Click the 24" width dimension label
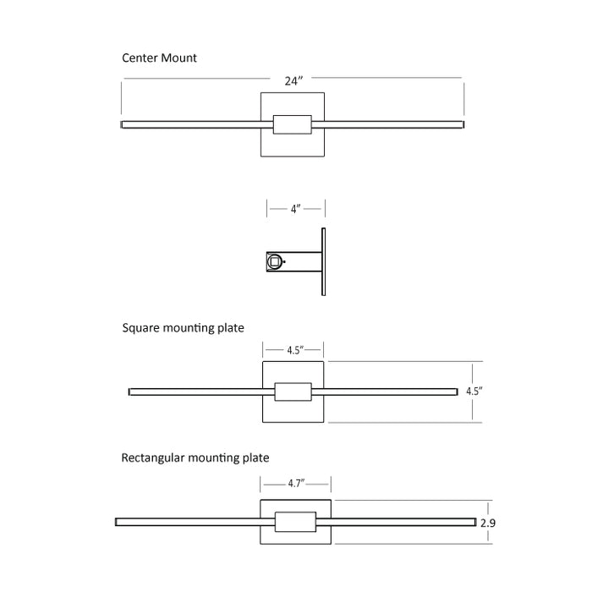(x=293, y=81)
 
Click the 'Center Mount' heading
(x=160, y=58)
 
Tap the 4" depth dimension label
(x=295, y=207)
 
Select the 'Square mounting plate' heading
(x=183, y=327)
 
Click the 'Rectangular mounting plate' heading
(x=195, y=458)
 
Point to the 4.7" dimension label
(x=295, y=483)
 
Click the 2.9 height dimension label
(x=487, y=523)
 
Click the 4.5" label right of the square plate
(x=474, y=392)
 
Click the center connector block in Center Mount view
(x=293, y=124)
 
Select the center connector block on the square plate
(x=293, y=392)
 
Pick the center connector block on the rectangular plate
(x=295, y=521)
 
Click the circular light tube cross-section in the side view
(x=274, y=262)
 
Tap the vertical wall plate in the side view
(x=323, y=260)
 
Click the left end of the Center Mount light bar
(x=124, y=124)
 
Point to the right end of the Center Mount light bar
(x=462, y=124)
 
